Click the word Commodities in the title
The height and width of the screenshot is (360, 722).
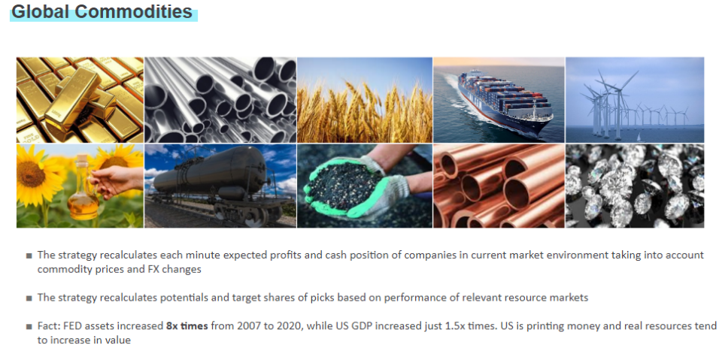133,12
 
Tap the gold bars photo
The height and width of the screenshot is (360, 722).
80,100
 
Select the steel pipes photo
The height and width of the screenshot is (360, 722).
220,100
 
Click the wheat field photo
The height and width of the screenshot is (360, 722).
365,100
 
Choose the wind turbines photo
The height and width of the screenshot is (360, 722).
635,100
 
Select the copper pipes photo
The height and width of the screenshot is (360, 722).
499,186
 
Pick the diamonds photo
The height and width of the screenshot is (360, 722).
635,186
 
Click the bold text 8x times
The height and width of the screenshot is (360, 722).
187,326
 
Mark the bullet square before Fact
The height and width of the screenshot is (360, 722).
29,327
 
